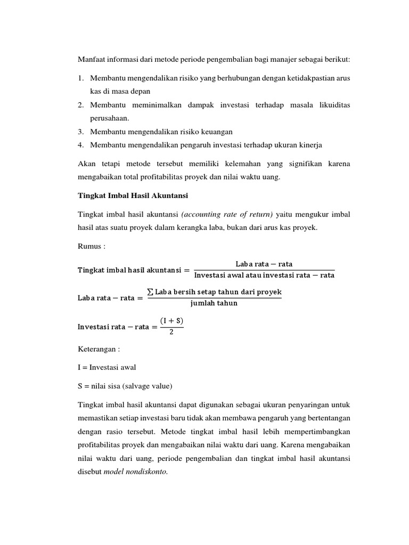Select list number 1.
[x=80, y=78]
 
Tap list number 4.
[x=80, y=144]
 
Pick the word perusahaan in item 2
[x=110, y=118]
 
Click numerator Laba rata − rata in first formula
[x=264, y=264]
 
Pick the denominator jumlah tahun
[x=214, y=303]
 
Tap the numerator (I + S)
[x=171, y=320]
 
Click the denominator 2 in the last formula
[x=171, y=332]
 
